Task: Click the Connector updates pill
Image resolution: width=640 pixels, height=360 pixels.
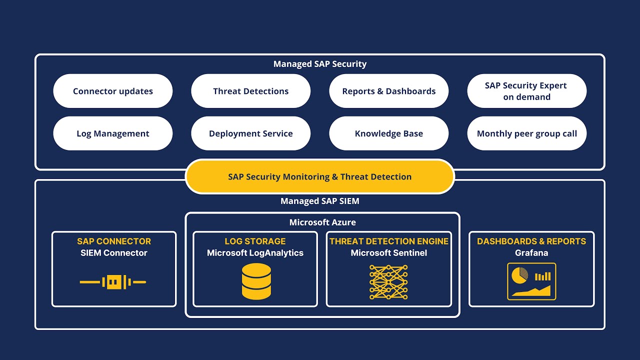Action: pos(113,91)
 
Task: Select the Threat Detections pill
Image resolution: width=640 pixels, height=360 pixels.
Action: pos(251,91)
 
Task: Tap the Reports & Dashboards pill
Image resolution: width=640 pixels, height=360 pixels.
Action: pos(389,91)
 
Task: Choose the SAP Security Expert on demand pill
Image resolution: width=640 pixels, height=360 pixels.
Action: pos(526,91)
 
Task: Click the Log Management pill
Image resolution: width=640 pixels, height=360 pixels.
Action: pos(113,133)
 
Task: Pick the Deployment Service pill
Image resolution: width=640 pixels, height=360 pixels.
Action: pos(251,133)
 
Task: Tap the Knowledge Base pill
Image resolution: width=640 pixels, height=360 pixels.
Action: pos(389,133)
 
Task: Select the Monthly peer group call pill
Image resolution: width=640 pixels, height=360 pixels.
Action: pos(526,133)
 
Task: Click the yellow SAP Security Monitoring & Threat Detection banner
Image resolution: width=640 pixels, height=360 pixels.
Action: pos(320,176)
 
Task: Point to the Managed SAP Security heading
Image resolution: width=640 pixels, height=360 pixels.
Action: pos(320,64)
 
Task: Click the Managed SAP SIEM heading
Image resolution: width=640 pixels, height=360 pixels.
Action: pos(320,201)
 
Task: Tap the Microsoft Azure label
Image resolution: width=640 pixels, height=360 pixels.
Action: pos(322,222)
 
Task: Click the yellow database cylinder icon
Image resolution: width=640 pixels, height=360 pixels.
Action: pos(256,281)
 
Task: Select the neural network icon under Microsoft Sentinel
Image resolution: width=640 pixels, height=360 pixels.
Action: pos(388,282)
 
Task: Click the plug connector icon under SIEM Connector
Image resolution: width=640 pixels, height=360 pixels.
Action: pos(113,282)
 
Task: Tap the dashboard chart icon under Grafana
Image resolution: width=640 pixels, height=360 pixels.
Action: pos(531,281)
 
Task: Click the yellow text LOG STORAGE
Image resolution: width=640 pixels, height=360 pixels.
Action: pos(255,241)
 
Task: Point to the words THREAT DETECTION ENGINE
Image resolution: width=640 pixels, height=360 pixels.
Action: pos(389,241)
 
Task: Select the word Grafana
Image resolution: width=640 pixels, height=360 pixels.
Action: pos(531,253)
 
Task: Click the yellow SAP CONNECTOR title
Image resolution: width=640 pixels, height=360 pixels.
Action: pos(114,241)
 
